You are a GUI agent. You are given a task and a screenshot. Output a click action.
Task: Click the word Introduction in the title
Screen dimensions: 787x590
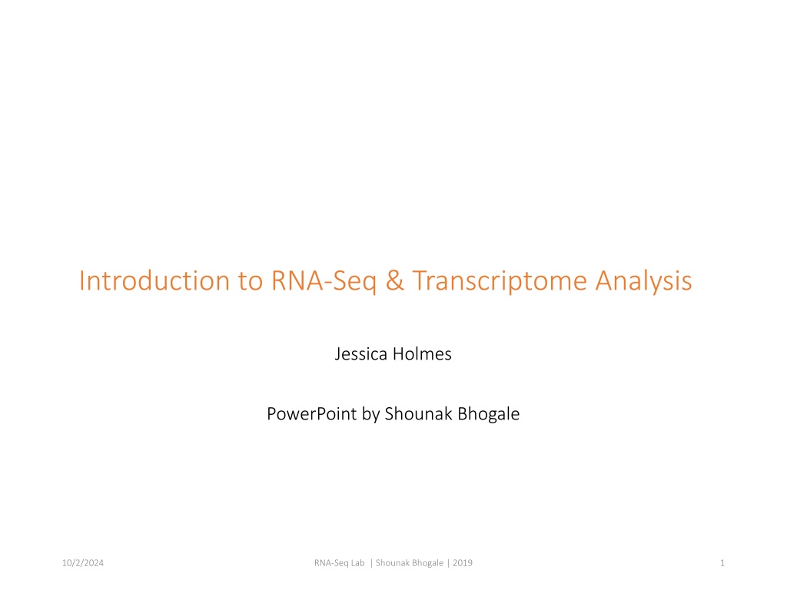click(154, 280)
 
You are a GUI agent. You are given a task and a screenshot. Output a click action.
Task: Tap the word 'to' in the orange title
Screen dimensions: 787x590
click(251, 281)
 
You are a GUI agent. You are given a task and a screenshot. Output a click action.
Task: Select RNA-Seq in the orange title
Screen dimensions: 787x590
click(324, 282)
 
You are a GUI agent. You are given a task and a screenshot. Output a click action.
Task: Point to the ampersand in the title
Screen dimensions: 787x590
click(394, 280)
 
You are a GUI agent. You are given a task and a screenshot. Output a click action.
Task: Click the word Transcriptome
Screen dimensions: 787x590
click(500, 282)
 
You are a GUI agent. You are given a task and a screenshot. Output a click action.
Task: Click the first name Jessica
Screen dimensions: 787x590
click(361, 354)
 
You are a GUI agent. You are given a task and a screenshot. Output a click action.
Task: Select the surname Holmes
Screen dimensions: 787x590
click(422, 353)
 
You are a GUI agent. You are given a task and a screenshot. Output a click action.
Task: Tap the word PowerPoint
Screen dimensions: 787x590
click(312, 414)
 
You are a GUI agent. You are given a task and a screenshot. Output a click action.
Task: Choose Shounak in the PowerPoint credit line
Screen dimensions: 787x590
click(418, 414)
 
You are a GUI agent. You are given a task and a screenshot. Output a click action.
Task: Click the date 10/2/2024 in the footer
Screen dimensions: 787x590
click(83, 563)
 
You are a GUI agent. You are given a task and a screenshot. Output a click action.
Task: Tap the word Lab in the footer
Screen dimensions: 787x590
click(358, 563)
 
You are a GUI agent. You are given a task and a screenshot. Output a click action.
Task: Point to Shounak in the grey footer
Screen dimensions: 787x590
click(392, 563)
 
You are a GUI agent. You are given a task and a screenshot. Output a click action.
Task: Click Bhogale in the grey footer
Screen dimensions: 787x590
click(427, 563)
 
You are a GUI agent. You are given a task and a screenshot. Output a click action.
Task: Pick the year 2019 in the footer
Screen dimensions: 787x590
click(462, 563)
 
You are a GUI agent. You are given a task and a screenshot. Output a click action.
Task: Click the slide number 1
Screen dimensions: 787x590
click(722, 563)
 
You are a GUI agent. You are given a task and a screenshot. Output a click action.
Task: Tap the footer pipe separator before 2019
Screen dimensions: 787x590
click(448, 563)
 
